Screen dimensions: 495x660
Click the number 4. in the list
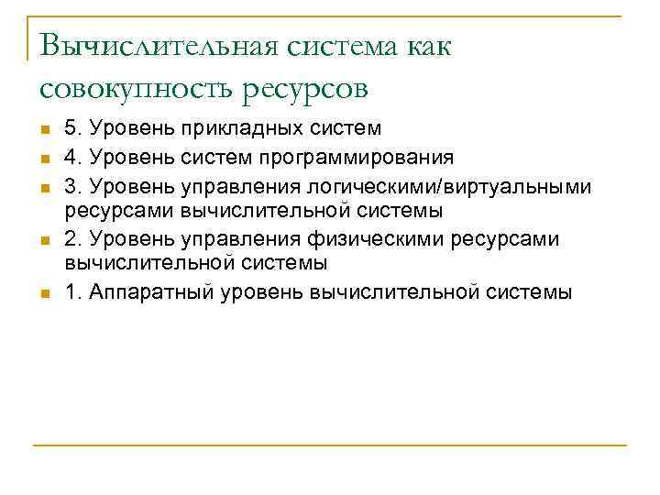point(72,158)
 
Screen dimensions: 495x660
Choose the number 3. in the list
point(72,187)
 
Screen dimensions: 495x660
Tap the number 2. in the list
point(72,238)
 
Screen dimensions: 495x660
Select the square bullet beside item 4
point(44,159)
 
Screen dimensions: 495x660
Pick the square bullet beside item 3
point(44,189)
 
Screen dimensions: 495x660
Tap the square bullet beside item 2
point(44,240)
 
